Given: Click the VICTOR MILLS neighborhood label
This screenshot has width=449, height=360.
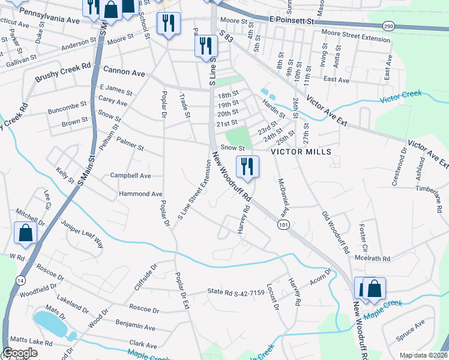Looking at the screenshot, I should click(x=301, y=152).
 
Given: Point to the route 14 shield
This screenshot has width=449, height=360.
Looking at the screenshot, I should click(x=21, y=280).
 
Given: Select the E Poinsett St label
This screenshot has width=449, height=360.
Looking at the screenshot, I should click(x=292, y=20).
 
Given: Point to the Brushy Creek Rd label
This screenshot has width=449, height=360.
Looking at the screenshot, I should click(x=62, y=72).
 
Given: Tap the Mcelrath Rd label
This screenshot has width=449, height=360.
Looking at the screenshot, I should click(x=372, y=259).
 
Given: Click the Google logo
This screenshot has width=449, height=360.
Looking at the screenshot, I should click(x=19, y=353).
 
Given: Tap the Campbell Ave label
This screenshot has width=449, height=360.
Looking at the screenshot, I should click(x=130, y=176).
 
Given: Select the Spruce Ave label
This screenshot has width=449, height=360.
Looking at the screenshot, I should click(x=410, y=329).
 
